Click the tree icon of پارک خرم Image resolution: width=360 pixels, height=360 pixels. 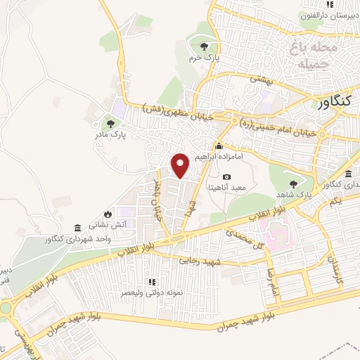(x=204, y=47)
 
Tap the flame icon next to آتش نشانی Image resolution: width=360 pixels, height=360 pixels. (x=107, y=214)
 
